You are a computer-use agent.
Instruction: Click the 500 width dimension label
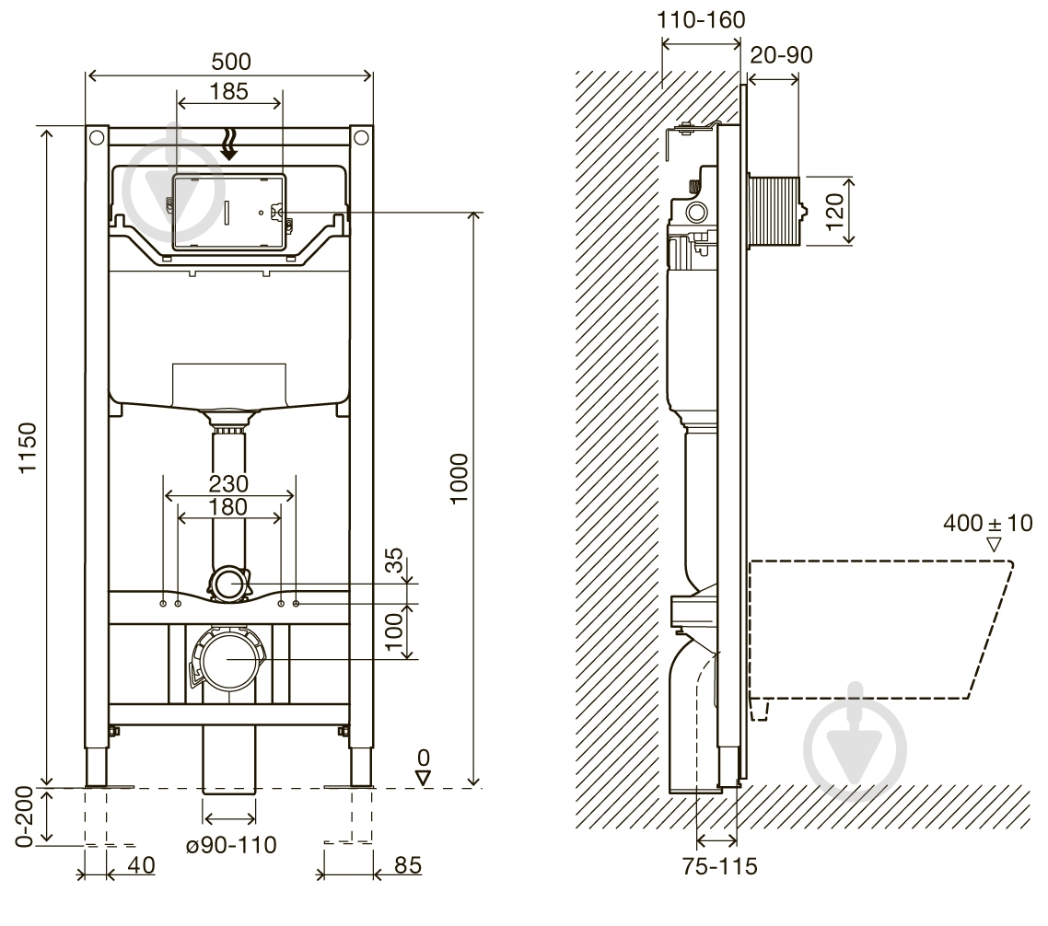[231, 62]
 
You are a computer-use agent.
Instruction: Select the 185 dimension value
[228, 91]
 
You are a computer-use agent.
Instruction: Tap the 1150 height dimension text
[28, 447]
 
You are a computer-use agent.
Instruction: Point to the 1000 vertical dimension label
[459, 479]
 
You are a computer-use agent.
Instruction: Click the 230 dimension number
[228, 483]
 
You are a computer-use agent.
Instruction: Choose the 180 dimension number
[228, 507]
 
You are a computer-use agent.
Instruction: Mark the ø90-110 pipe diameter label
[230, 845]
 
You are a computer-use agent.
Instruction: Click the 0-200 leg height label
[25, 816]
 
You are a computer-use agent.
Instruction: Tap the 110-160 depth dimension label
[701, 20]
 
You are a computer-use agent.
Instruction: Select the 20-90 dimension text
[781, 55]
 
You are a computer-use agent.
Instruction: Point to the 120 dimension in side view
[834, 211]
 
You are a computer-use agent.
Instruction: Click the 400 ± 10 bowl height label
[988, 523]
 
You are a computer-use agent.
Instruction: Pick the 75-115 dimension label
[720, 866]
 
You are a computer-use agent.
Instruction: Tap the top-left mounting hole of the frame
[97, 138]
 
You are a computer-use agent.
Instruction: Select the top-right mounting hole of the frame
[361, 138]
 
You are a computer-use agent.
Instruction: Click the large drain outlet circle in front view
[228, 659]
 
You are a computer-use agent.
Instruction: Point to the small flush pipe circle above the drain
[228, 584]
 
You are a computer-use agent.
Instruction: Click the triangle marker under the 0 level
[423, 778]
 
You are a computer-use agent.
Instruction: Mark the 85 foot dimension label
[408, 866]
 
